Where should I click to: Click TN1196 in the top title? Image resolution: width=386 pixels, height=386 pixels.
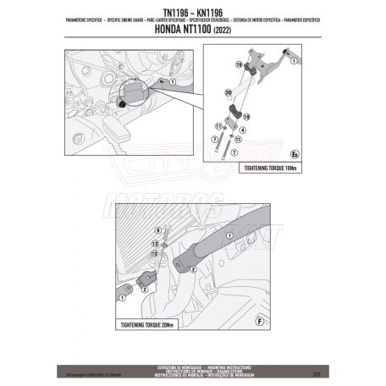[169, 12]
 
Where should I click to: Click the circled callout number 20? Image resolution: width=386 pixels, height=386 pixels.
[229, 90]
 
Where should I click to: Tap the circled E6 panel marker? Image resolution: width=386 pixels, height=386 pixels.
[319, 154]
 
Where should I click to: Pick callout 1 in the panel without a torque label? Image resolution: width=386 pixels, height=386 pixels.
[174, 80]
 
